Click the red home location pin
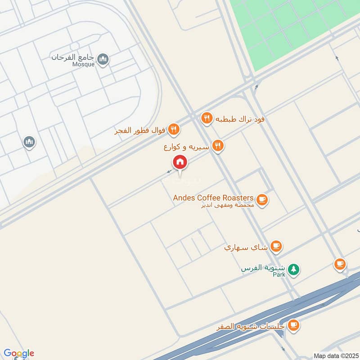pyautogui.click(x=180, y=162)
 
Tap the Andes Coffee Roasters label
pyautogui.click(x=213, y=198)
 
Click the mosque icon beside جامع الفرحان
pyautogui.click(x=103, y=59)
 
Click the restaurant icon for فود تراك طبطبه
pyautogui.click(x=206, y=118)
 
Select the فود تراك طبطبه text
pyautogui.click(x=239, y=119)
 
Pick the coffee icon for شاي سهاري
pyautogui.click(x=276, y=246)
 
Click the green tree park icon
pyautogui.click(x=293, y=269)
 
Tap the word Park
pyautogui.click(x=279, y=274)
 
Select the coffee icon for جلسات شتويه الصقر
pyautogui.click(x=293, y=324)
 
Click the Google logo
pyautogui.click(x=18, y=353)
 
